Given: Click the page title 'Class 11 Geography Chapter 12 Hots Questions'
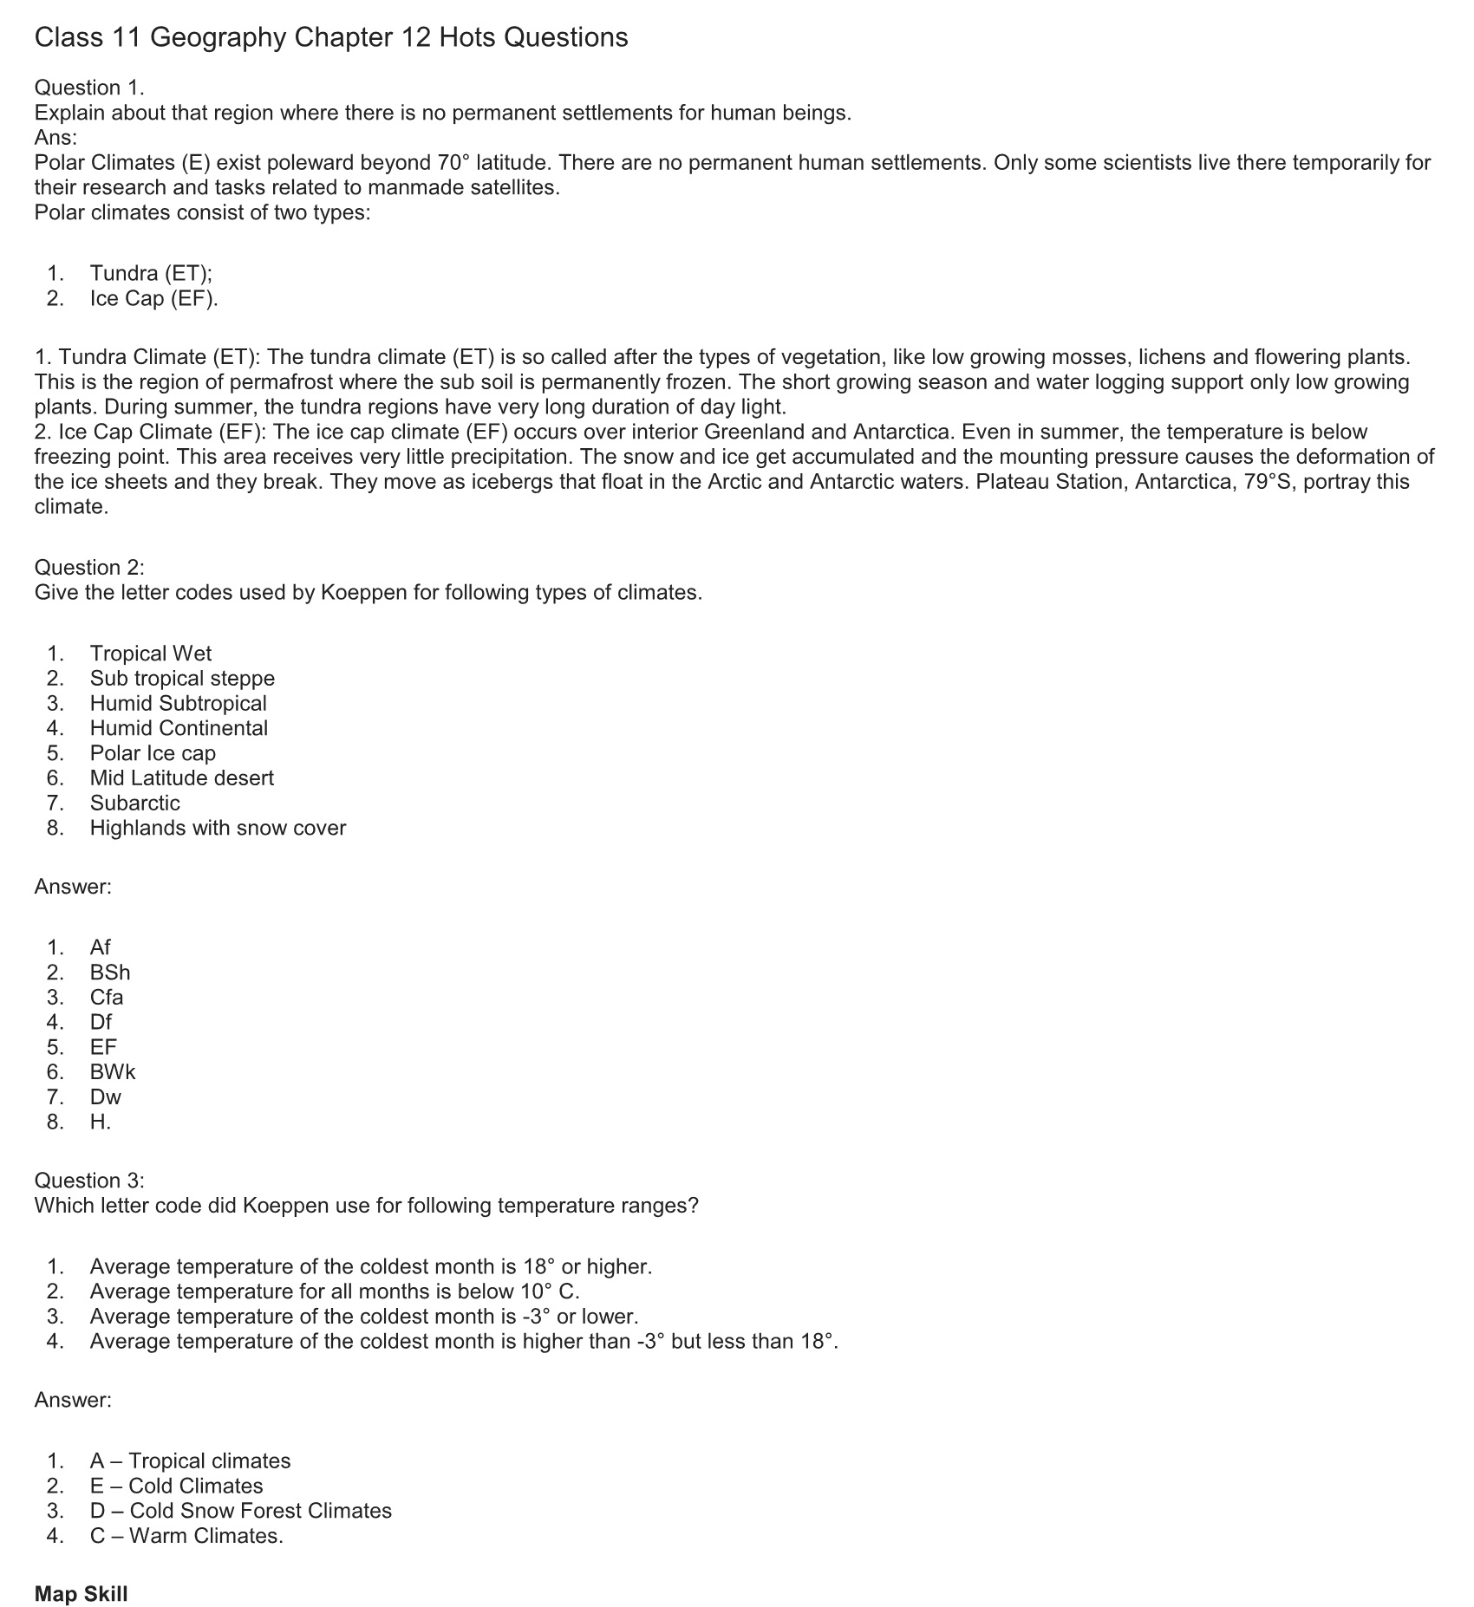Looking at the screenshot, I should (x=331, y=37).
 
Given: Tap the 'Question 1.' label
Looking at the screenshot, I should (x=89, y=88).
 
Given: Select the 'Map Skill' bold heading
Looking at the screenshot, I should (x=81, y=1594).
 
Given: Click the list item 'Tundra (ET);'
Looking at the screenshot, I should (x=151, y=273).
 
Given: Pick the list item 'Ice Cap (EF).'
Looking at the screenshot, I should (x=153, y=298).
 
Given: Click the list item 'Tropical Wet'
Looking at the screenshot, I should (x=150, y=654).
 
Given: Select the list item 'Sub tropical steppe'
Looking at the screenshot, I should (x=182, y=678).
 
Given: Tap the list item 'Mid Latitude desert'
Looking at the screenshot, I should (x=181, y=777).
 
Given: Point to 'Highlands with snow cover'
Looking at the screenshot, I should (x=218, y=828).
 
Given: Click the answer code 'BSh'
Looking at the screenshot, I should (x=110, y=973).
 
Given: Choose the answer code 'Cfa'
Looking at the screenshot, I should (x=107, y=997).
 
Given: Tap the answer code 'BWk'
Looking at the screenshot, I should (x=113, y=1072).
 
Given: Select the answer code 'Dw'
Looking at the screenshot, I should (x=106, y=1096).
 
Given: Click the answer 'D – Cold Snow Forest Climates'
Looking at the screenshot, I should (x=240, y=1511).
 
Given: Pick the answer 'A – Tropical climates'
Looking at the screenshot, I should (x=190, y=1461).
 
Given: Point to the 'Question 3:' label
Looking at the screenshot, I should (x=89, y=1181).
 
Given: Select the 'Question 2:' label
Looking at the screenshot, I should (x=89, y=568).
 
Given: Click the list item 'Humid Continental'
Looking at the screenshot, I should (x=179, y=728).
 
